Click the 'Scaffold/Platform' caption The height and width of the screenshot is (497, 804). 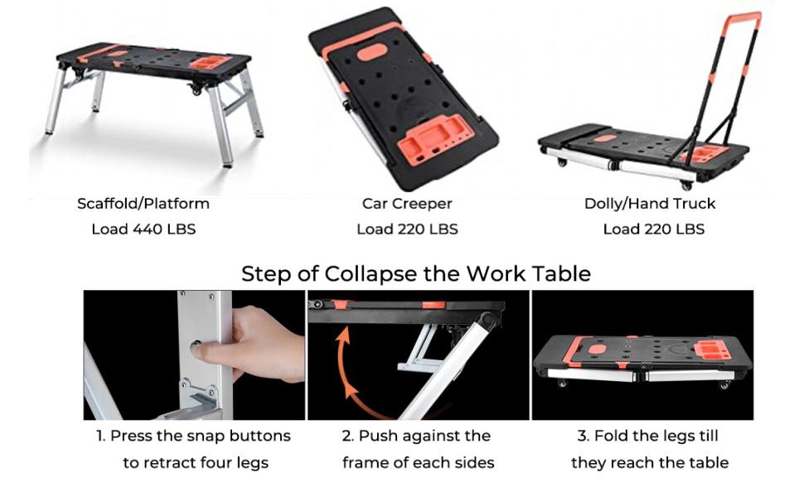pos(143,203)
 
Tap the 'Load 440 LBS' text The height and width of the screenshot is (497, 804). pos(143,229)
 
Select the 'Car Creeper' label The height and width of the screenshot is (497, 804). pos(407,203)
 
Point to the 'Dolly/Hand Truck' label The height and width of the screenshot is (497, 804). pos(650,203)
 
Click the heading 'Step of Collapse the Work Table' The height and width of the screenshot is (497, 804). pos(416,274)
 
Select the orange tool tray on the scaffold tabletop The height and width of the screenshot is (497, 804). pos(211,62)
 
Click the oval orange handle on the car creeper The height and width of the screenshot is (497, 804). pos(372,51)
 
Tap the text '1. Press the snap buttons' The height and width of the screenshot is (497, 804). pos(191,436)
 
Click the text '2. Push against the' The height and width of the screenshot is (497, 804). pos(417,436)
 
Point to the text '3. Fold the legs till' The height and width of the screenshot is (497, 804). pos(647,436)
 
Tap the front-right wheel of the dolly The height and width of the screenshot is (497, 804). pos(685,184)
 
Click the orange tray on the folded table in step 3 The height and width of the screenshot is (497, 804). pos(710,350)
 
